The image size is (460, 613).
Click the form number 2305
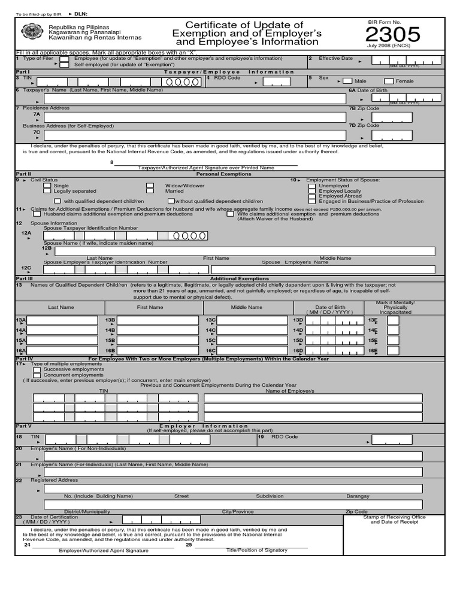click(397, 35)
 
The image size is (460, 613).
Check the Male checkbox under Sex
click(347, 81)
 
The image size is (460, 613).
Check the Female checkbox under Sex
click(389, 81)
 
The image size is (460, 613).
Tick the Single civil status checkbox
click(47, 186)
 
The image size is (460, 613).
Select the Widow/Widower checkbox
click(150, 186)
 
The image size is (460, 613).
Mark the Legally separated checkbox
click(47, 192)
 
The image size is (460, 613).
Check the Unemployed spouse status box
click(312, 186)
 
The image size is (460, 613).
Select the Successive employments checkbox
click(37, 369)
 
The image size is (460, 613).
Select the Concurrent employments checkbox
click(37, 375)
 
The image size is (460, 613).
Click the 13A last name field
click(63, 321)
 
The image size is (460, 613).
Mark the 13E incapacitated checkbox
click(393, 321)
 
